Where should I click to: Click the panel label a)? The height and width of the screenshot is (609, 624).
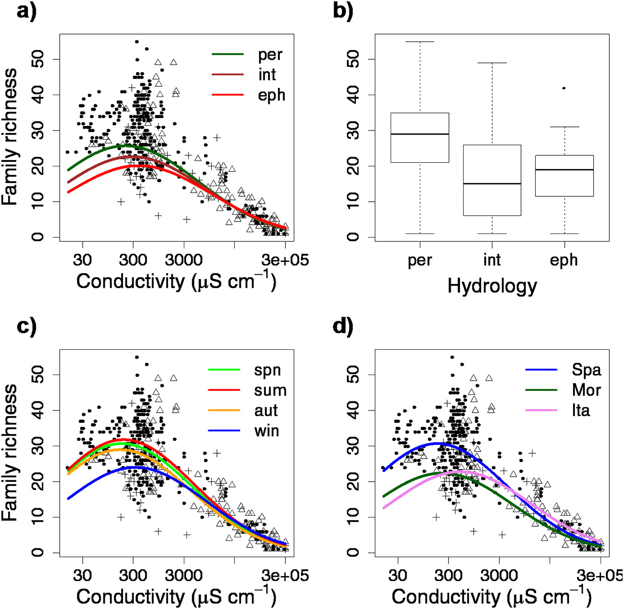pyautogui.click(x=26, y=11)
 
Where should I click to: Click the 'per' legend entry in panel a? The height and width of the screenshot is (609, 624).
pyautogui.click(x=270, y=55)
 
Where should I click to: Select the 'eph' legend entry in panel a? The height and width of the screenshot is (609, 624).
pyautogui.click(x=271, y=95)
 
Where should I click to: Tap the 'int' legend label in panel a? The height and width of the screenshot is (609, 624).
pyautogui.click(x=267, y=74)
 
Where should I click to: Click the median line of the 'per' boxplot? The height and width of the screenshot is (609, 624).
pyautogui.click(x=420, y=134)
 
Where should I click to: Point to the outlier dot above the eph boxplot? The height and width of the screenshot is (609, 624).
pyautogui.click(x=564, y=88)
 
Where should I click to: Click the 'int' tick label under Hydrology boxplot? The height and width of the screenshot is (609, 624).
pyautogui.click(x=492, y=260)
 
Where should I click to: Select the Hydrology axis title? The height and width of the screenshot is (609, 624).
pyautogui.click(x=492, y=286)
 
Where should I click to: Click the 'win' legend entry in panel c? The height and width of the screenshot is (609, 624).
pyautogui.click(x=267, y=431)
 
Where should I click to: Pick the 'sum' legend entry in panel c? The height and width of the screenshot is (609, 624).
pyautogui.click(x=270, y=391)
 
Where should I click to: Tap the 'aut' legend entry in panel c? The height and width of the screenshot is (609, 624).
pyautogui.click(x=266, y=411)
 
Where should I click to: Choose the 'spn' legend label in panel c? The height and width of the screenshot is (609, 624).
pyautogui.click(x=267, y=370)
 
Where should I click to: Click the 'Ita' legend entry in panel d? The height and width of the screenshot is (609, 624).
pyautogui.click(x=581, y=410)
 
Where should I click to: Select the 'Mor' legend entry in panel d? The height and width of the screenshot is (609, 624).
pyautogui.click(x=586, y=390)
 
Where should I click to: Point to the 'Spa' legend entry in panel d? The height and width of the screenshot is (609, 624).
pyautogui.click(x=586, y=370)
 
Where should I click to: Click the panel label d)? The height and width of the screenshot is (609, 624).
pyautogui.click(x=343, y=327)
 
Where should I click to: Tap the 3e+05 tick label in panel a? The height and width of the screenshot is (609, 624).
pyautogui.click(x=285, y=260)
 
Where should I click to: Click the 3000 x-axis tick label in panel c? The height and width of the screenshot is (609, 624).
pyautogui.click(x=184, y=575)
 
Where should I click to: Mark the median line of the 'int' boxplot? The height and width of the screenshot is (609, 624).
pyautogui.click(x=492, y=184)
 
